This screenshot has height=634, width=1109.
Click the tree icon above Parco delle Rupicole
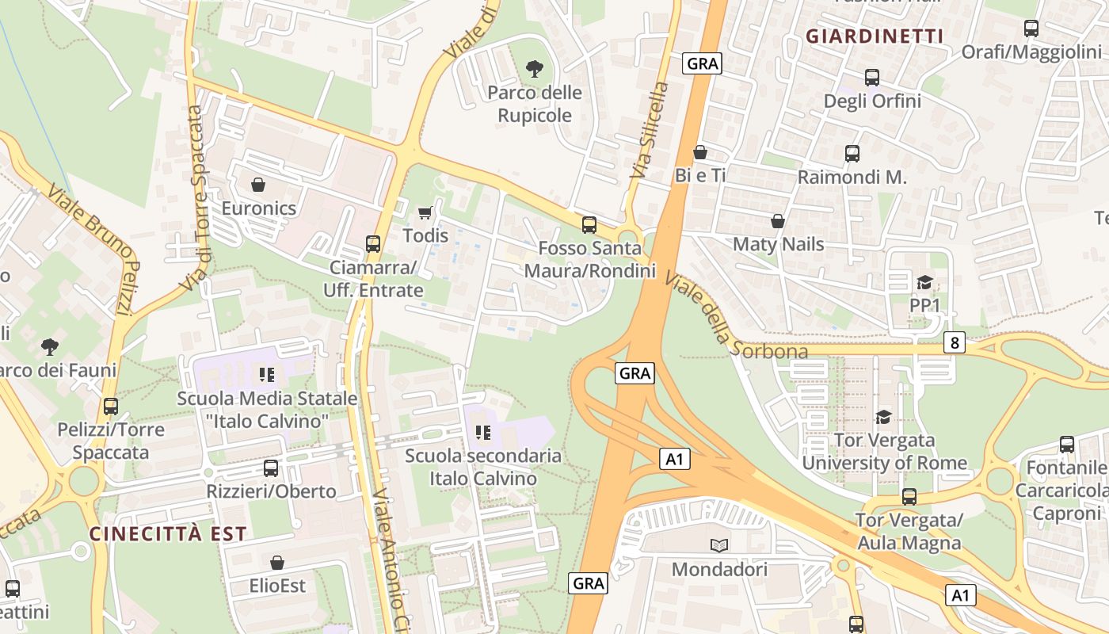(535, 69)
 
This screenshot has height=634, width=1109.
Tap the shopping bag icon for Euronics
(258, 185)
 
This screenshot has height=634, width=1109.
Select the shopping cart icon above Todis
(425, 212)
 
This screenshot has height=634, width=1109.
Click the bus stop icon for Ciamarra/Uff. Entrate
(373, 243)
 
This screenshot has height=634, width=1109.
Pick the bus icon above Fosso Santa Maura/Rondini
(589, 224)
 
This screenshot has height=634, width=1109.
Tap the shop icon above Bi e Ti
(700, 152)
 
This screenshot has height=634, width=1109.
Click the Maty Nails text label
(779, 244)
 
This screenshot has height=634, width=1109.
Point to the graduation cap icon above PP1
(924, 282)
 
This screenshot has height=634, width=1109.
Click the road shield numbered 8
(955, 342)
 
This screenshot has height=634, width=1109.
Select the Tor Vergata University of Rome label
(884, 452)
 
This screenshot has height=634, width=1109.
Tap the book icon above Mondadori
(719, 545)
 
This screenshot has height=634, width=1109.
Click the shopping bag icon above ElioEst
(277, 563)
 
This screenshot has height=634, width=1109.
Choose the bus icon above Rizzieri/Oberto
(271, 468)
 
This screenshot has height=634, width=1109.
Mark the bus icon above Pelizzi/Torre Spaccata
(111, 407)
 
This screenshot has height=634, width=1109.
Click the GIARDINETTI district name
(875, 36)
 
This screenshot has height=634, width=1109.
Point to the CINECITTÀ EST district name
(169, 533)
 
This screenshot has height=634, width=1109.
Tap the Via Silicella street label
(650, 130)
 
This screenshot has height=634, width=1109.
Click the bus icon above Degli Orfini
(872, 78)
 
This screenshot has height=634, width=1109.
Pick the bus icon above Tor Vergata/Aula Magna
(909, 497)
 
